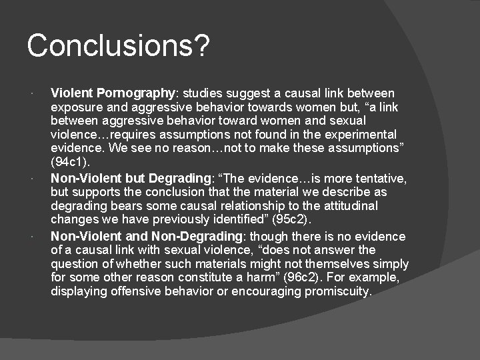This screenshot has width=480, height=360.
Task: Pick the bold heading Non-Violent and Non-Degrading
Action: tap(146, 236)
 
